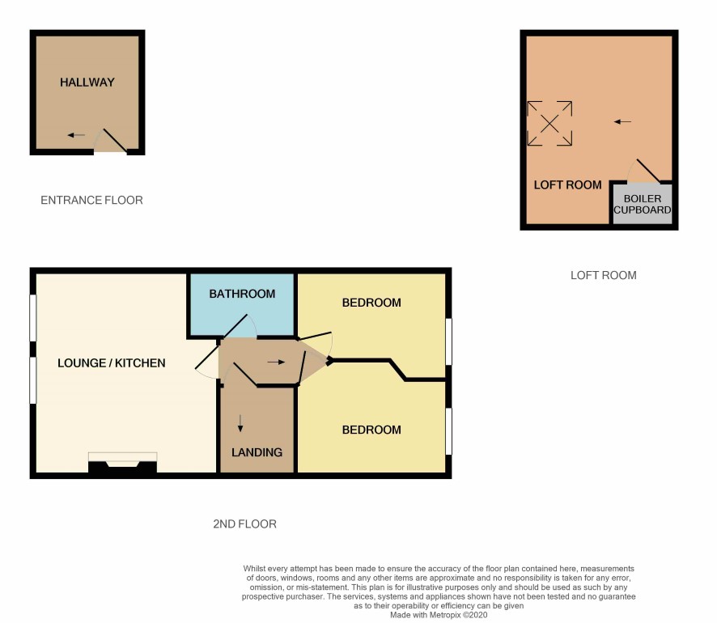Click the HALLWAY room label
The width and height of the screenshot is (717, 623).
point(87,83)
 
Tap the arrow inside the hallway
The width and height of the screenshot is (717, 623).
point(76,135)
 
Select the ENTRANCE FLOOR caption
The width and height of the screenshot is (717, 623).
point(91,200)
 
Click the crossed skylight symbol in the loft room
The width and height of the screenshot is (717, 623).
point(549,124)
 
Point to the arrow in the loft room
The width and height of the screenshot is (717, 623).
point(623,121)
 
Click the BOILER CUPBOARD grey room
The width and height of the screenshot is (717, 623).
point(643,204)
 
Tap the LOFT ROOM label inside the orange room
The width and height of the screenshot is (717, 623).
point(567,185)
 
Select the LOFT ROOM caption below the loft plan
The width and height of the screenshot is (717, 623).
point(603,275)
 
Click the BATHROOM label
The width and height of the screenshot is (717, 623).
point(242,294)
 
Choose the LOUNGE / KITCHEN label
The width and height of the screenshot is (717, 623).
point(111,363)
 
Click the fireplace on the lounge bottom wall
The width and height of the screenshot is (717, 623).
point(122,463)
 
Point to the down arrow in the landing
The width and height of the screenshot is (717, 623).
point(240,423)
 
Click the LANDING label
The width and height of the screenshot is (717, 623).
point(257,452)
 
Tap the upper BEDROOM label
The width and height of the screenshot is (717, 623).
point(371,303)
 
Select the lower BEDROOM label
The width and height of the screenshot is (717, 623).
point(371,430)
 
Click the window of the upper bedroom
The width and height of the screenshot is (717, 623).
point(448,341)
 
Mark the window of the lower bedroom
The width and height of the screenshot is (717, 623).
point(448,431)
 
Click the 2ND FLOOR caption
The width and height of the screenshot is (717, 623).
point(244,523)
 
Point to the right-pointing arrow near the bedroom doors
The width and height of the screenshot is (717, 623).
point(276,362)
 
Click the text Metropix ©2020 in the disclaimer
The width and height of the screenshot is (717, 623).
point(458,615)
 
